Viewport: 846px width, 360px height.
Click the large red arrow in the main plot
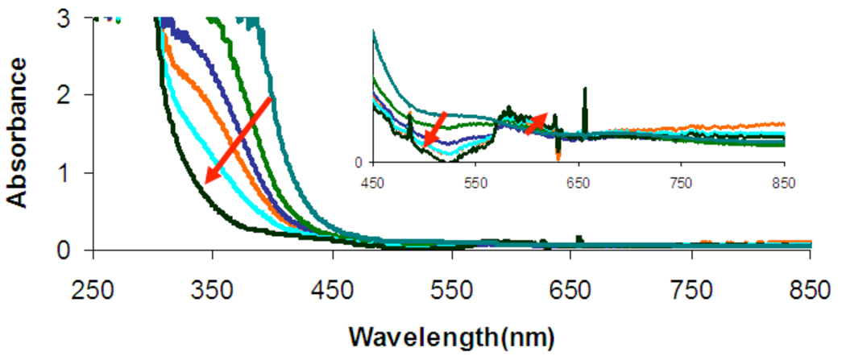(x=238, y=139)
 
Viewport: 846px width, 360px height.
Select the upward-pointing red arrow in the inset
(x=536, y=123)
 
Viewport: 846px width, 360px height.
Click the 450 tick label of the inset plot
(x=373, y=182)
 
